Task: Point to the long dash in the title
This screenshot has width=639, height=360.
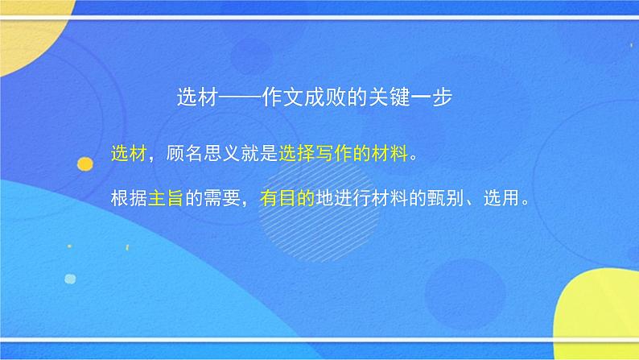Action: (x=238, y=97)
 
